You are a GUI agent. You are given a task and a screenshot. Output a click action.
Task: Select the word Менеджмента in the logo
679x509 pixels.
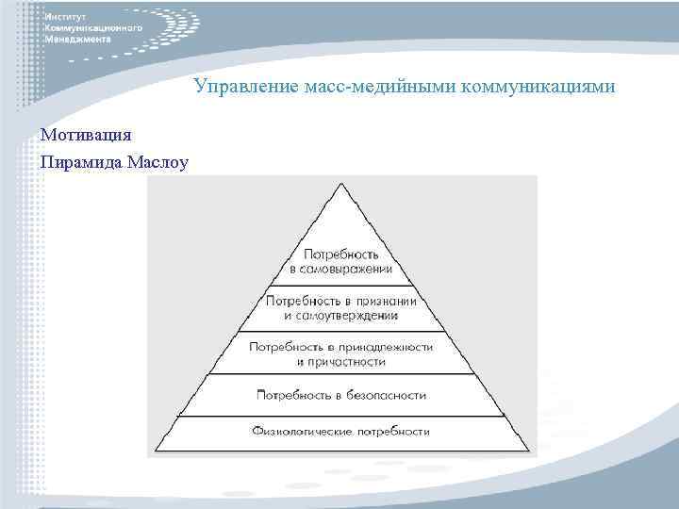point(78,41)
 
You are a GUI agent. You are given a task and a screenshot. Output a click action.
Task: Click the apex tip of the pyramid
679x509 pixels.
point(341,182)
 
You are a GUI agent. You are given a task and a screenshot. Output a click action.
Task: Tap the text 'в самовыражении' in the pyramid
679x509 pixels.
point(341,269)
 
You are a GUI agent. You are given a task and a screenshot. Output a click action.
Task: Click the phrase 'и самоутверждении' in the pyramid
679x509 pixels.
point(341,314)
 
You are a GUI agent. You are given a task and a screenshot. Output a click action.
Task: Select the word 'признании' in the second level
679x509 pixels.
point(386,300)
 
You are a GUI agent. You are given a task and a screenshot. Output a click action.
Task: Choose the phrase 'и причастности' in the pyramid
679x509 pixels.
point(341,361)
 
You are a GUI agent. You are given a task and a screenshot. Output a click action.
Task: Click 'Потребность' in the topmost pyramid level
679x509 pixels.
point(341,254)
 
